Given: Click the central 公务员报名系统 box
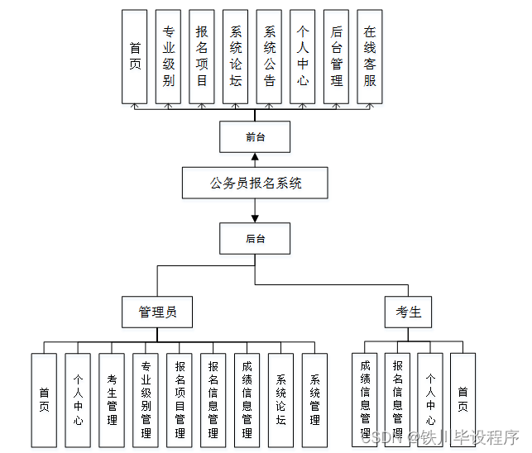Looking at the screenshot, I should (x=256, y=183).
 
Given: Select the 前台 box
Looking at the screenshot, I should (x=256, y=137).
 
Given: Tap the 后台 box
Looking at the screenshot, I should (x=256, y=239).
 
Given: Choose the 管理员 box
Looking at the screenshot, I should (x=157, y=312).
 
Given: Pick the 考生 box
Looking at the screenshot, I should (x=409, y=312).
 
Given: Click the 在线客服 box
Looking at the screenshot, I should (x=370, y=56).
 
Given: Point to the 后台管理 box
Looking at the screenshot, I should (x=336, y=56).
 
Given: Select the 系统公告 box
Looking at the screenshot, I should (x=269, y=56).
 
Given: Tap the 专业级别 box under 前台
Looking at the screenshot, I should (x=168, y=56).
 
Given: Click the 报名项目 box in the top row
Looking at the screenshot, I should (x=202, y=56).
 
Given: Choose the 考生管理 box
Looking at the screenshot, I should (x=112, y=401).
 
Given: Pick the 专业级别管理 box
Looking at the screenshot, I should (x=146, y=401).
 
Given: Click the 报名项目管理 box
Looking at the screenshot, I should (x=180, y=401).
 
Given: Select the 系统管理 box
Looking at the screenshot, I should (x=314, y=401).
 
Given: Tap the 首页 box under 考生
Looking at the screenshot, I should (x=463, y=401).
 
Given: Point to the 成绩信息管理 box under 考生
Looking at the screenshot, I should (x=365, y=401).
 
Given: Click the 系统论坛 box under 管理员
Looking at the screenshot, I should (x=280, y=401).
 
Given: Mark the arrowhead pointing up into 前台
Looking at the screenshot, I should (x=256, y=157).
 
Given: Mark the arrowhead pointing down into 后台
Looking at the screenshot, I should (x=256, y=218).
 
